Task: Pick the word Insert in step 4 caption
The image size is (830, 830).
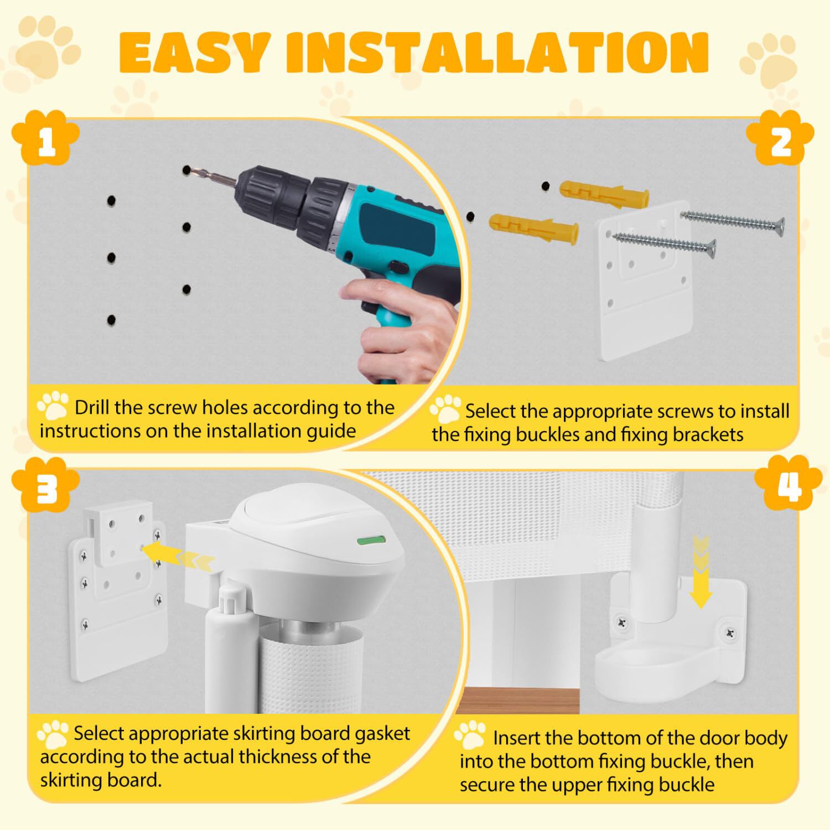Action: (x=519, y=738)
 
